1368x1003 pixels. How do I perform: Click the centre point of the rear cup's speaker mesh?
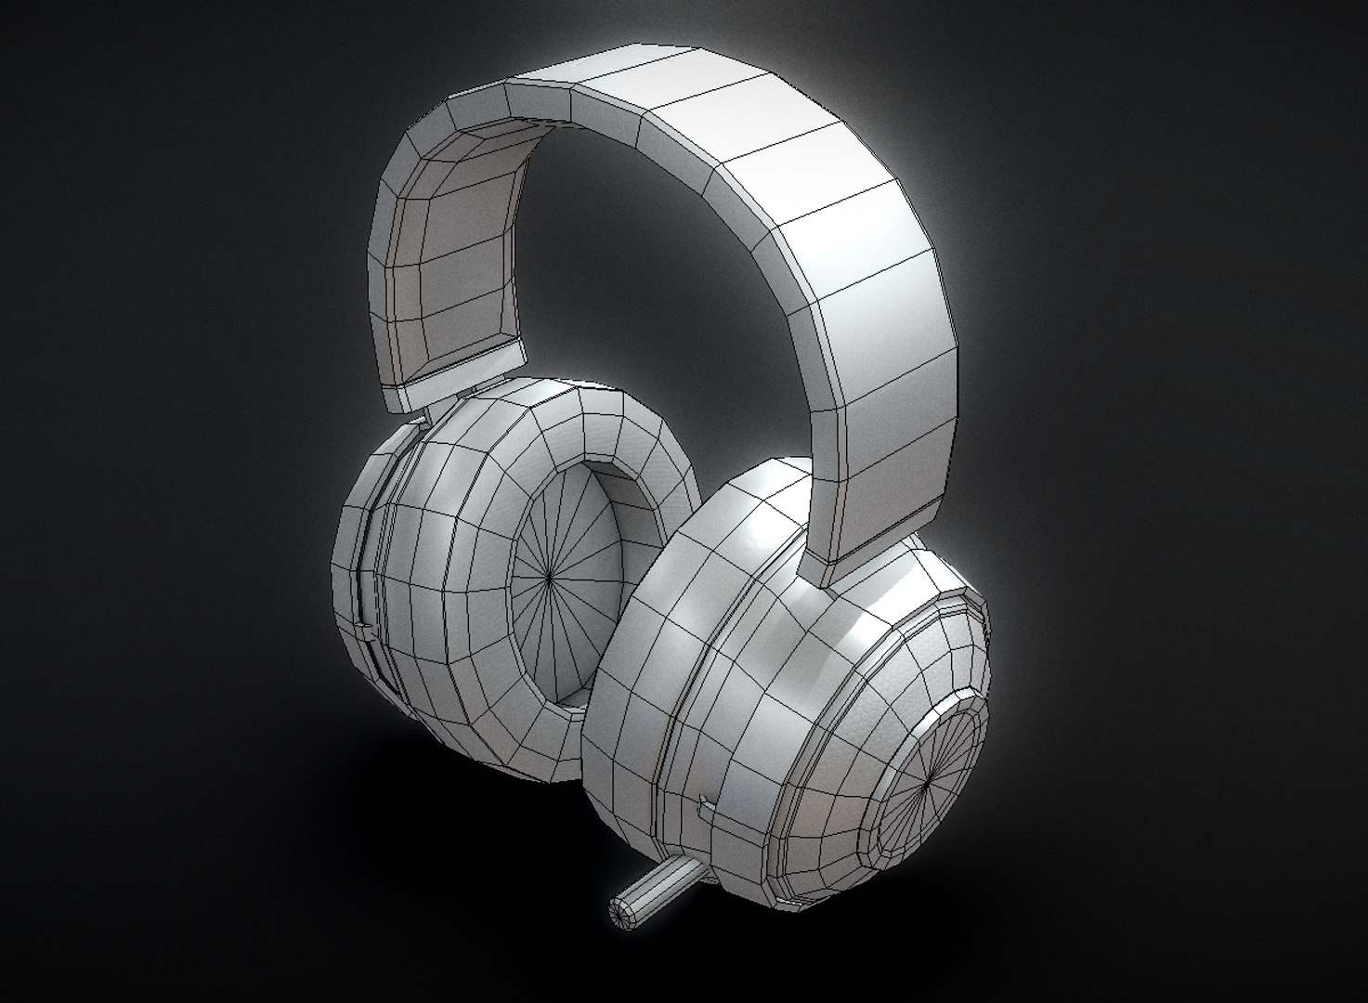(x=550, y=580)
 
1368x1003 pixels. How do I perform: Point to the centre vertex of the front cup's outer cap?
(x=930, y=785)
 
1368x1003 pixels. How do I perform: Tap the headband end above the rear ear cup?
(x=455, y=371)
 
